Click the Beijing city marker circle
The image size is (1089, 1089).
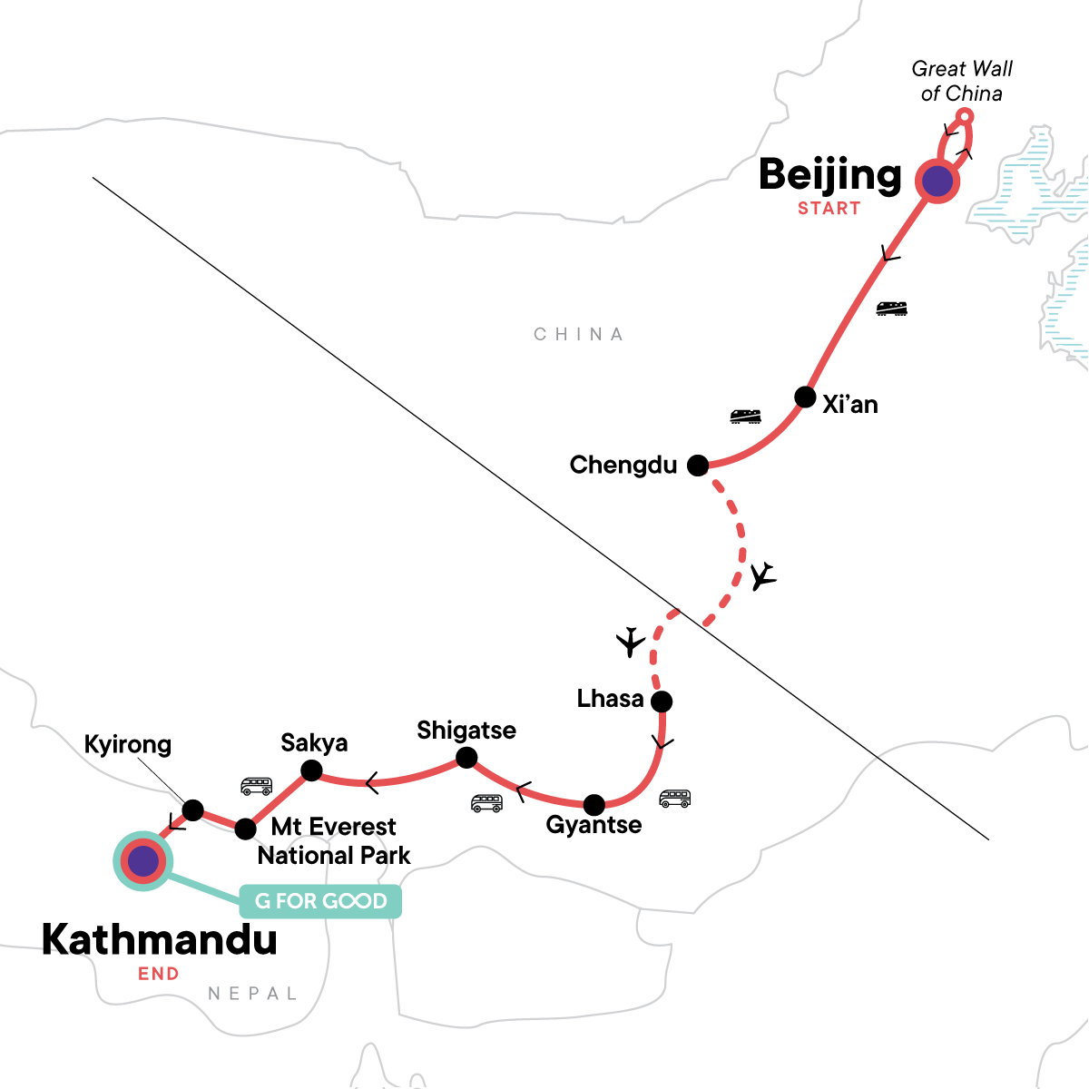pos(937,181)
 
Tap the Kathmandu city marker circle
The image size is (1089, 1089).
pos(143,860)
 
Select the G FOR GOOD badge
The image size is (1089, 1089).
pos(320,901)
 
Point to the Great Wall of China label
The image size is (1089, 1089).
pos(961,81)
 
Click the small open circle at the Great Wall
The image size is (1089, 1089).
pos(966,116)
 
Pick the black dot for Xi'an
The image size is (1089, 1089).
pos(805,397)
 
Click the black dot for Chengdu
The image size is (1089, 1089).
pos(697,466)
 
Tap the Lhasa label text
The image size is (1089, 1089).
pos(610,699)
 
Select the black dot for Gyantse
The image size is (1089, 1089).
pos(594,805)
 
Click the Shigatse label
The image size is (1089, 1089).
pos(466,731)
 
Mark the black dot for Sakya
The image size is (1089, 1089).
pos(311,771)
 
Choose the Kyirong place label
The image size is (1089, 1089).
pos(127,744)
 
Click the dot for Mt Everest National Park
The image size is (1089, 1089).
pos(245,829)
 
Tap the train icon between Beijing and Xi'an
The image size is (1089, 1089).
pos(891,309)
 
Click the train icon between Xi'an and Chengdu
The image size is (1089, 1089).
pos(745,417)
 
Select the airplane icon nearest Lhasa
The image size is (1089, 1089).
pos(630,642)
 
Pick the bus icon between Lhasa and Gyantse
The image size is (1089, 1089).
pos(674,799)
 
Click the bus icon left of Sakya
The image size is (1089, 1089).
pos(256,786)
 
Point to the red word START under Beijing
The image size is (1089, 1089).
pos(829,209)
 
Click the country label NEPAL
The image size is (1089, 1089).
pos(252,994)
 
